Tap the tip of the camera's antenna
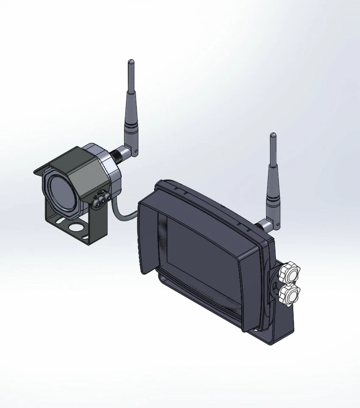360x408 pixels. pyautogui.click(x=130, y=62)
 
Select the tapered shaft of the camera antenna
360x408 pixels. pyautogui.click(x=130, y=106)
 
